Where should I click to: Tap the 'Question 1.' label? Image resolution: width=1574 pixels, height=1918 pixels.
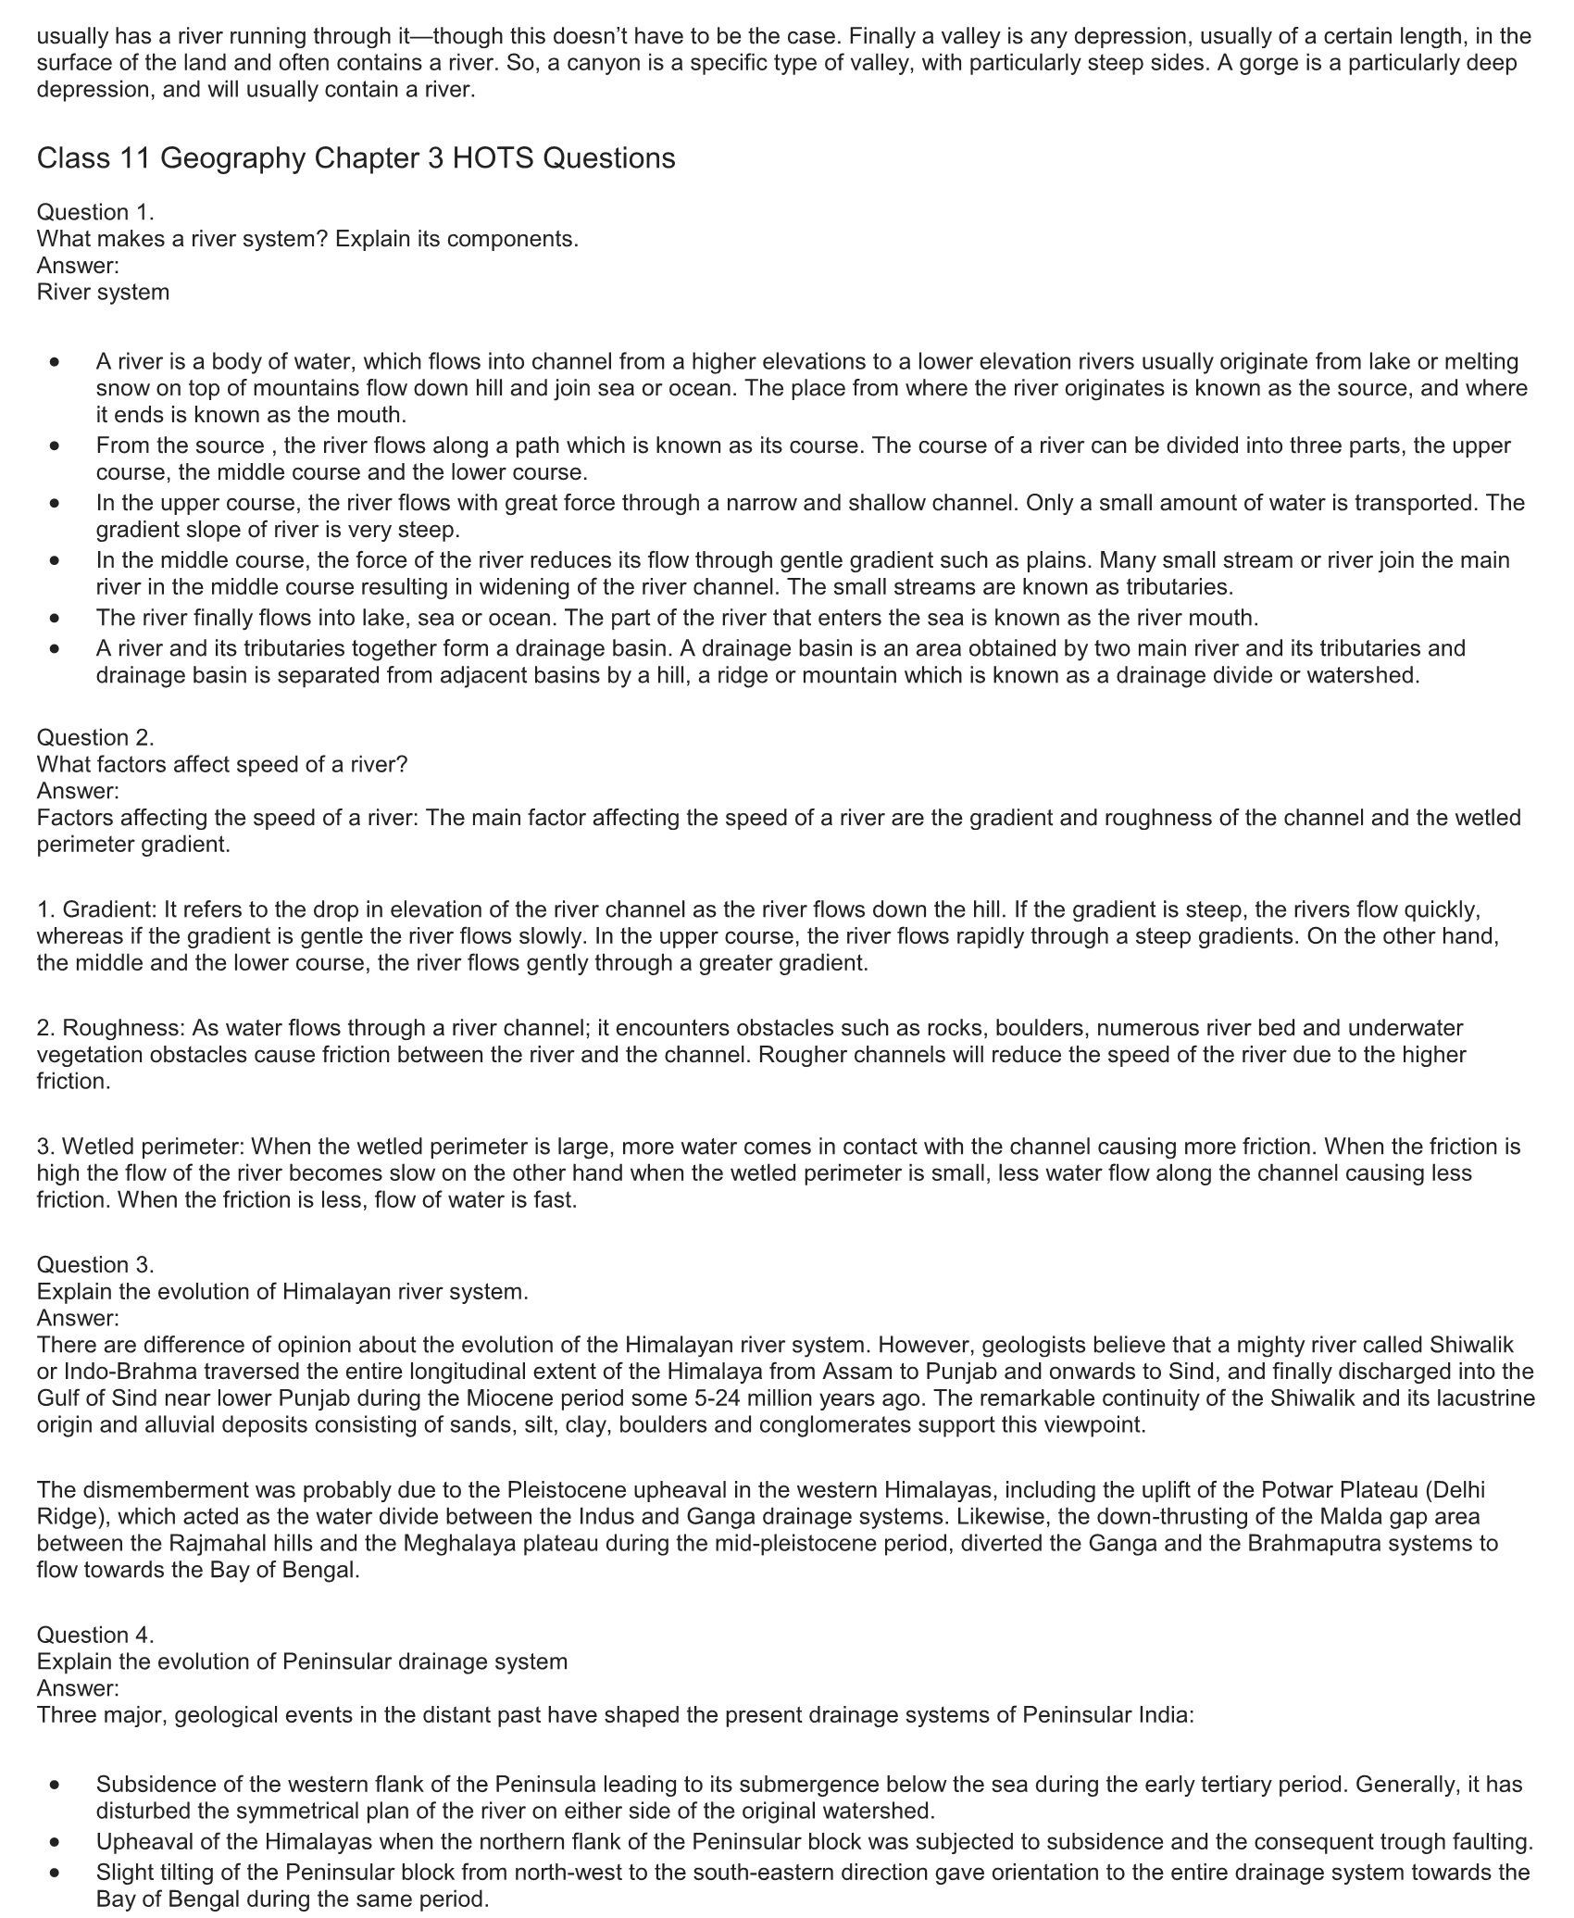pyautogui.click(x=95, y=212)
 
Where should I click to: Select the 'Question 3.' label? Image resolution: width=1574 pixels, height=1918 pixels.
pyautogui.click(x=95, y=1264)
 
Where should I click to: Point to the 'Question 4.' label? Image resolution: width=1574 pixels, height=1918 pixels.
pyautogui.click(x=95, y=1635)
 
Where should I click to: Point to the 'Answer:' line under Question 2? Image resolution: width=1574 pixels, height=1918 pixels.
pyautogui.click(x=78, y=791)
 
